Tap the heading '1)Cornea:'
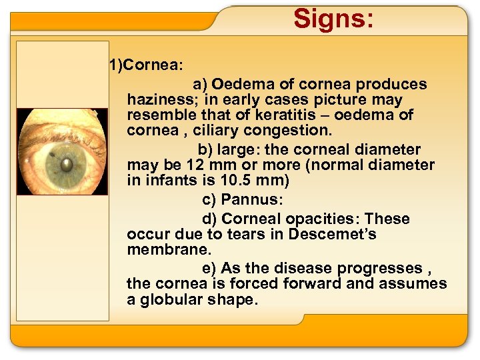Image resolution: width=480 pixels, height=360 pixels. [x=147, y=65]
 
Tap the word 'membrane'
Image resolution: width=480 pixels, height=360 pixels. [x=167, y=250]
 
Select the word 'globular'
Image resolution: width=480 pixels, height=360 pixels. [x=167, y=299]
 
